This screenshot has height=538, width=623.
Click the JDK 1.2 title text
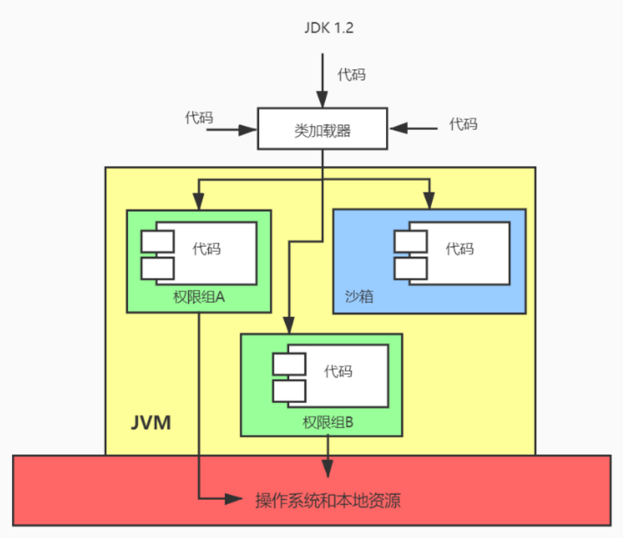click(x=323, y=30)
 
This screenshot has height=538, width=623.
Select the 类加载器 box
click(x=323, y=130)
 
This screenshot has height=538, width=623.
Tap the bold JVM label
click(x=150, y=422)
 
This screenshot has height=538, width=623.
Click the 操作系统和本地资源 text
click(x=328, y=500)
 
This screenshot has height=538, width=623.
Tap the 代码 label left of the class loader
click(x=199, y=118)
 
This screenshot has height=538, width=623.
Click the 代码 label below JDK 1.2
click(x=351, y=74)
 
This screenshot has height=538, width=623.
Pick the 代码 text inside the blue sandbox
click(x=460, y=249)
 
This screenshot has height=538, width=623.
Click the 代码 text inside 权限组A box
click(x=207, y=249)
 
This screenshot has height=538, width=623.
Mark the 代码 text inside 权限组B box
click(x=339, y=371)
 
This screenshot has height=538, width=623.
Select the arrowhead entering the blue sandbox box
click(x=429, y=200)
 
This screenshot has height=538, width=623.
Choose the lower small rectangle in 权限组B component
click(x=289, y=390)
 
